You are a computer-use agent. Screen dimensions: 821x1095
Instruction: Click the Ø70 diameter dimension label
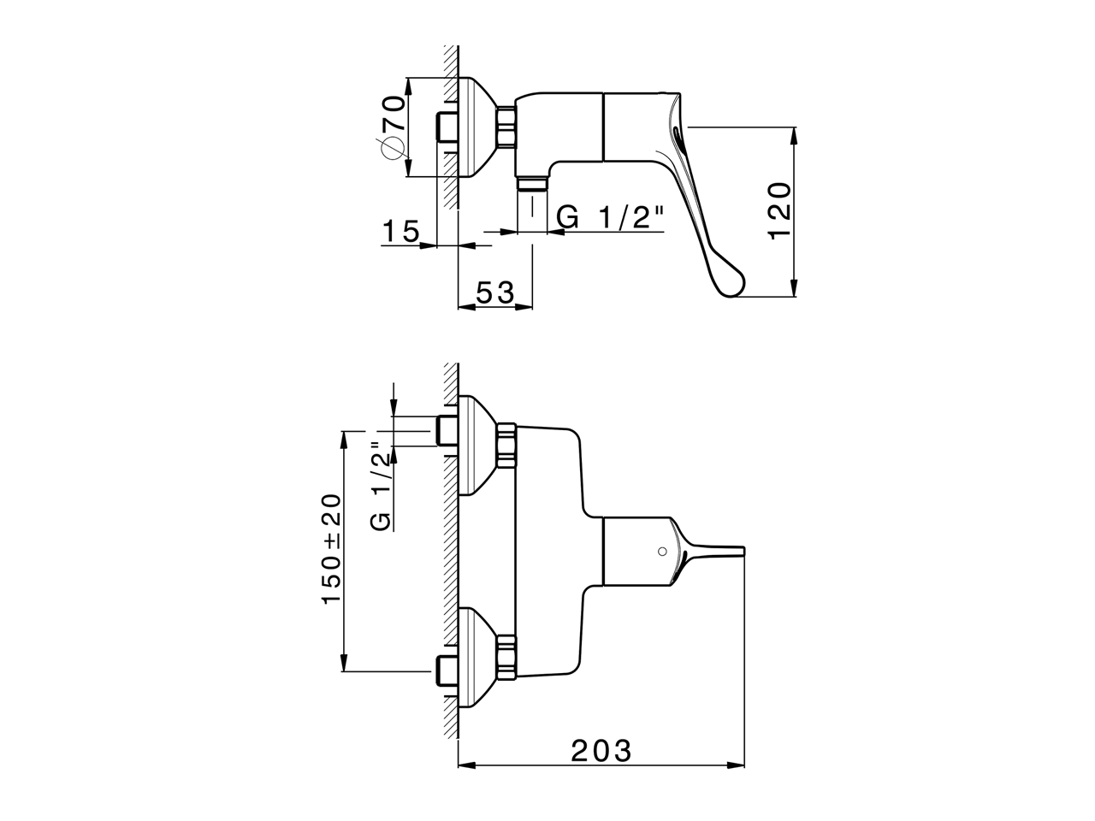(392, 127)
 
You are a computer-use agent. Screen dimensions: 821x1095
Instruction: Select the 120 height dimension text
(782, 211)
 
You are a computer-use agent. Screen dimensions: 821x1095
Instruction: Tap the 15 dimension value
(400, 231)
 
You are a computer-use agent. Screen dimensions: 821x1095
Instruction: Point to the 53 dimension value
(494, 292)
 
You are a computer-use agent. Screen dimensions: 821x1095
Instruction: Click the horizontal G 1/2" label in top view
(610, 217)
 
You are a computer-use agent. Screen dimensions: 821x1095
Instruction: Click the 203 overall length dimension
(601, 751)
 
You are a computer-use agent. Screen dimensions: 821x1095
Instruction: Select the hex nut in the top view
(506, 128)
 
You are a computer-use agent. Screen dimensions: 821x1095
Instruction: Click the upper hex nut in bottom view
(506, 446)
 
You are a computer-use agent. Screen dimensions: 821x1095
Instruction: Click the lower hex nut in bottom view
(506, 658)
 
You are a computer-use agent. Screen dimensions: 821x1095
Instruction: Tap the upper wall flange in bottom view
(476, 446)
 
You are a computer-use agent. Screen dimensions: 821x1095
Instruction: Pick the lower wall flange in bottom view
(476, 658)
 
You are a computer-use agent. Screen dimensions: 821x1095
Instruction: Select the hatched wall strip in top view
(448, 128)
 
